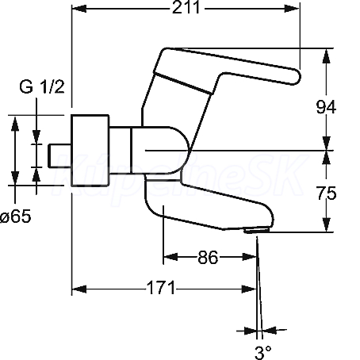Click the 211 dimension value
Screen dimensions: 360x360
pyautogui.click(x=186, y=7)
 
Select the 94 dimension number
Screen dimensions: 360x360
pyautogui.click(x=326, y=107)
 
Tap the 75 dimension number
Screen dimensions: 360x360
pyautogui.click(x=327, y=193)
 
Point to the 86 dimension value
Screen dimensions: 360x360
pyautogui.click(x=208, y=257)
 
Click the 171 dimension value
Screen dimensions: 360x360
pyautogui.click(x=161, y=288)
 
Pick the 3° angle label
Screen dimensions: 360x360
pyautogui.click(x=262, y=352)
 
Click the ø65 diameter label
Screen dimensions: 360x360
pyautogui.click(x=16, y=216)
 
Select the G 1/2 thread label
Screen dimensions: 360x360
pyautogui.click(x=42, y=86)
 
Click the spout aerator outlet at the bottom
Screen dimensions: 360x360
pyautogui.click(x=256, y=231)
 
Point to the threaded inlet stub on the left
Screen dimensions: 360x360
pyautogui.click(x=59, y=155)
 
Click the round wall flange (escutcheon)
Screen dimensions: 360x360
pyautogui.click(x=90, y=151)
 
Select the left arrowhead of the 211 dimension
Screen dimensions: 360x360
pyautogui.click(x=79, y=9)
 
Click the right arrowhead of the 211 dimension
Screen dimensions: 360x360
pyautogui.click(x=292, y=9)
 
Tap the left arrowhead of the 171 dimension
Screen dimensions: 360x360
pyautogui.click(x=79, y=289)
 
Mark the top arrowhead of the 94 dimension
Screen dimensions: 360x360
pyautogui.click(x=327, y=56)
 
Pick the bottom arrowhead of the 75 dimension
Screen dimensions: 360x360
pyautogui.click(x=327, y=224)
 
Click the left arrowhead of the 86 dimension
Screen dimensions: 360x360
pyautogui.click(x=170, y=256)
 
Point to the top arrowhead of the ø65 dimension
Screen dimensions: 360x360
pyautogui.click(x=15, y=124)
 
